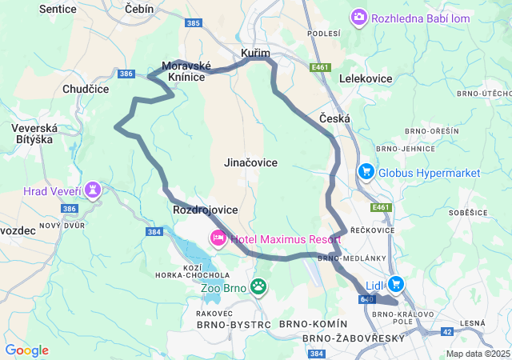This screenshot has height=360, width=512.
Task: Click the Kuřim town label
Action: [x=255, y=53]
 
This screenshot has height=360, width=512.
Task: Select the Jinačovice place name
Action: [x=250, y=162]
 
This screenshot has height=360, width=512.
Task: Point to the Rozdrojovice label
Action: [x=205, y=210]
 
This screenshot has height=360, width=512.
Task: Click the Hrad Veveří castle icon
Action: [x=94, y=190]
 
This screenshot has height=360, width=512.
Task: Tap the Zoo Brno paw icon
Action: [x=258, y=286]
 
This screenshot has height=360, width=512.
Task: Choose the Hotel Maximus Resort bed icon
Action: [x=218, y=238]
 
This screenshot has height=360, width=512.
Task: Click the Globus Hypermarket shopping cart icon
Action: [x=366, y=172]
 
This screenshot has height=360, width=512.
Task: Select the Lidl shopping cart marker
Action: [x=395, y=284]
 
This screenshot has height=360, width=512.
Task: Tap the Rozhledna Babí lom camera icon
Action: [x=359, y=17]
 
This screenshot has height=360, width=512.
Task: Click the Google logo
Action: [x=26, y=350]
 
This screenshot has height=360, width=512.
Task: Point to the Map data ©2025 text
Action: [x=478, y=354]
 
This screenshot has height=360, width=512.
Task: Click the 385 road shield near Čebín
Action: [x=192, y=24]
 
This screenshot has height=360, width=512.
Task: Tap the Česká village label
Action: [x=334, y=118]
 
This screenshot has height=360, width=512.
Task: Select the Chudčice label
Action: [x=86, y=90]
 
